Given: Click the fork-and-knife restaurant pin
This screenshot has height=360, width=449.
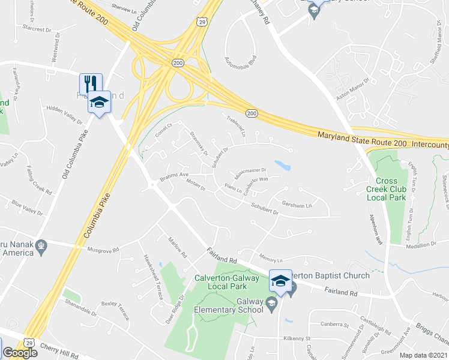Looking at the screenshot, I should pyautogui.click(x=91, y=83).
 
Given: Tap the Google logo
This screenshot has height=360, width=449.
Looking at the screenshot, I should pyautogui.click(x=20, y=353).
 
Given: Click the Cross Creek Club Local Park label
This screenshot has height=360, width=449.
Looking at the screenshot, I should pyautogui.click(x=391, y=189).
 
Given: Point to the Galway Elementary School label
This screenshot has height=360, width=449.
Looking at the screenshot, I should pyautogui.click(x=229, y=306).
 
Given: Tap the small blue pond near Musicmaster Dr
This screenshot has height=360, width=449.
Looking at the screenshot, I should pyautogui.click(x=282, y=165).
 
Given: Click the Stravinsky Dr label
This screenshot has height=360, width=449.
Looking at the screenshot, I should pyautogui.click(x=198, y=143).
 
